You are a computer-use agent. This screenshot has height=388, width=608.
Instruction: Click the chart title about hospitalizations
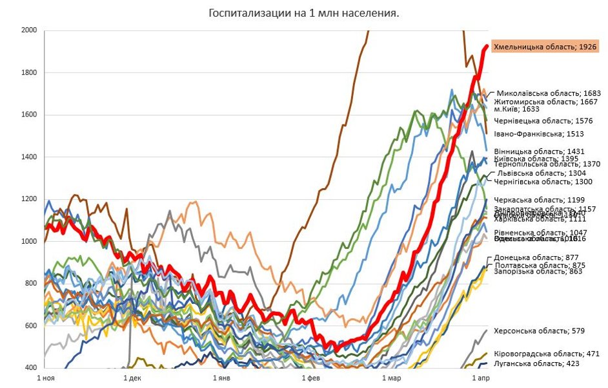[303, 13]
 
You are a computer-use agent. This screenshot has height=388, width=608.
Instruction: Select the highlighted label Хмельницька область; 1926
[545, 47]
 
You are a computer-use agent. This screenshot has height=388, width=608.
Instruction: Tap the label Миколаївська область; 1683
[549, 93]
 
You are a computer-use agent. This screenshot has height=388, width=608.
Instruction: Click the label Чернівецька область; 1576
[543, 121]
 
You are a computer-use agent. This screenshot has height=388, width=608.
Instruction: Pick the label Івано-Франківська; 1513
[539, 135]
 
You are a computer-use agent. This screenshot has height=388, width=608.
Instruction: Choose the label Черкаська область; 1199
[539, 200]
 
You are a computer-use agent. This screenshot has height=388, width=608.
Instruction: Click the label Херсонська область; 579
[539, 331]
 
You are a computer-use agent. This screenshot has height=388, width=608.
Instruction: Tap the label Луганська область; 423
[536, 363]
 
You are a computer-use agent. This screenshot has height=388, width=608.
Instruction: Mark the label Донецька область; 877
[536, 257]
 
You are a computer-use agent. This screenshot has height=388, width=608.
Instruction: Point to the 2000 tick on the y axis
[29, 30]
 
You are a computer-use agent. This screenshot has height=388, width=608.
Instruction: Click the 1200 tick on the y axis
[29, 199]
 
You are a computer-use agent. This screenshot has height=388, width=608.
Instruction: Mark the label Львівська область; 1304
[541, 173]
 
